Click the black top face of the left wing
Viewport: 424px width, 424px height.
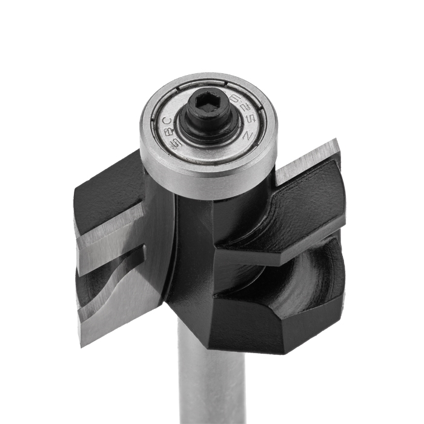point(109,182)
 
